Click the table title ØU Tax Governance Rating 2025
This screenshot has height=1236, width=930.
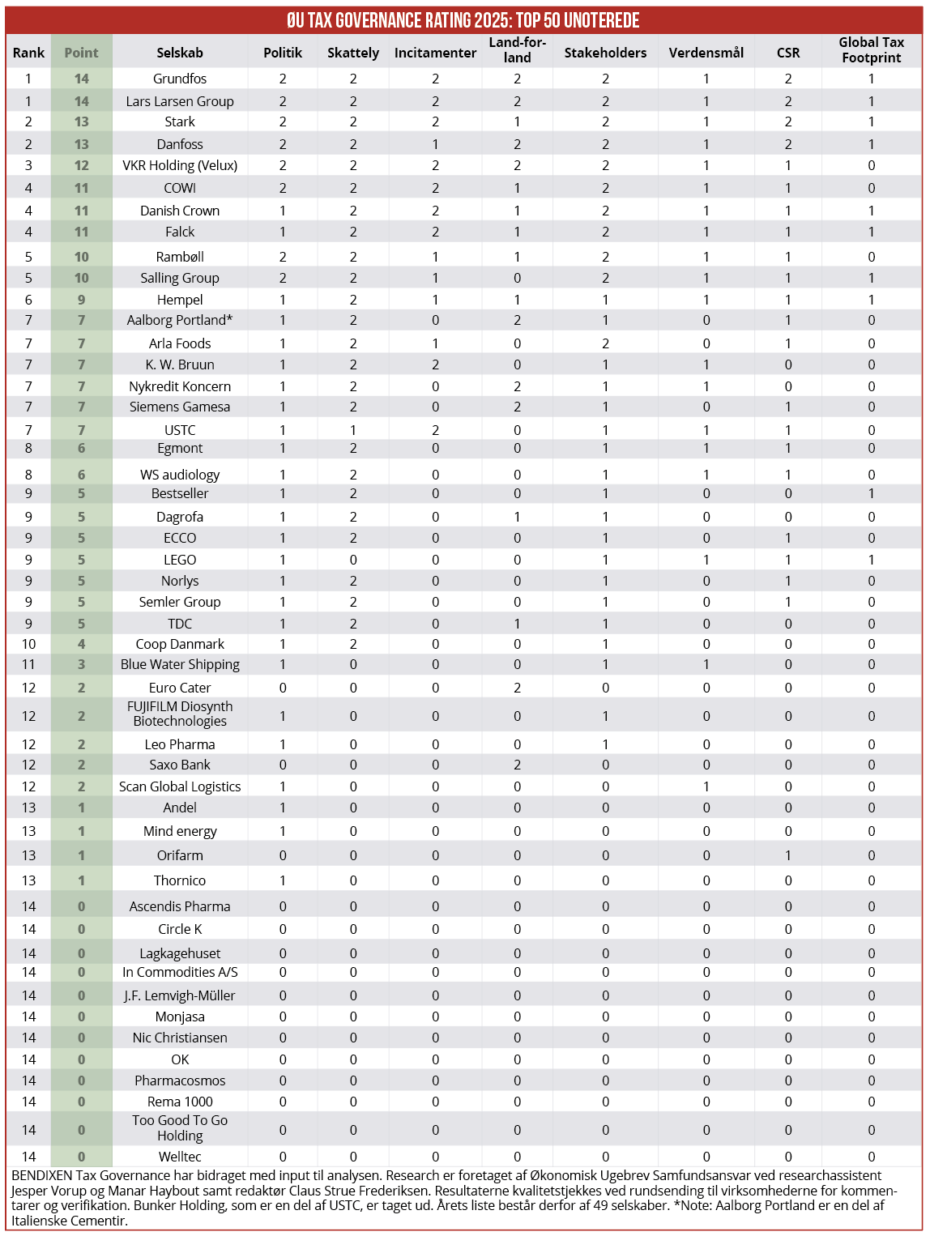tap(463, 20)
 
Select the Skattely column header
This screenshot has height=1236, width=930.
tap(353, 53)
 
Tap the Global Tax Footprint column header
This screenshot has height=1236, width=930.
tap(871, 50)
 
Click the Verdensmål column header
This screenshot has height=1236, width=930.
tap(706, 53)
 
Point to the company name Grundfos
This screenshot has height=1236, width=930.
tap(180, 79)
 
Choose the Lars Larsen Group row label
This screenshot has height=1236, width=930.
tap(180, 101)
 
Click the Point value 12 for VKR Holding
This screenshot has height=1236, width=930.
tap(81, 165)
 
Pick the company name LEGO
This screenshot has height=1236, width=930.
tap(180, 560)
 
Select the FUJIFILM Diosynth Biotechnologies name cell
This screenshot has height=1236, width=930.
tap(180, 714)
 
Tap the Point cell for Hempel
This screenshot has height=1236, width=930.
tap(81, 300)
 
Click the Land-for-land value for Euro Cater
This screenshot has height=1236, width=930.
tap(517, 688)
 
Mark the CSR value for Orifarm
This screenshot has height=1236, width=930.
tap(788, 855)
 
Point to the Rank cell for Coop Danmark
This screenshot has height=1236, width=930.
tap(28, 644)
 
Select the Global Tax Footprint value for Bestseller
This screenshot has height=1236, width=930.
tap(871, 493)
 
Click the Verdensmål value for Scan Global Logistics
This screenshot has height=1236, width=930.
tap(706, 786)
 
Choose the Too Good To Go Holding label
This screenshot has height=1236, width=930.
tap(180, 1127)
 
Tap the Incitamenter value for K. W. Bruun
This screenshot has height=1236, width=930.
tap(435, 364)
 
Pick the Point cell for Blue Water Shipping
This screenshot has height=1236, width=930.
tap(81, 664)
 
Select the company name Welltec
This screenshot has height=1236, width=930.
tap(180, 1157)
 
